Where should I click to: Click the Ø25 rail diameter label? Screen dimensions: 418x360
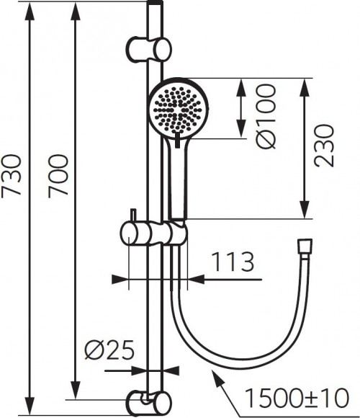coord(107,352)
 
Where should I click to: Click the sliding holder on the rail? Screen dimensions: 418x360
coord(153,234)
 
